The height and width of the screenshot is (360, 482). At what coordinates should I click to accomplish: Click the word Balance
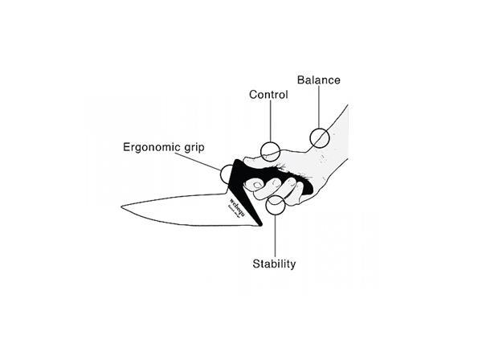[x=319, y=80]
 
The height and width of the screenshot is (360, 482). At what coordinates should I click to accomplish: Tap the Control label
[x=269, y=94]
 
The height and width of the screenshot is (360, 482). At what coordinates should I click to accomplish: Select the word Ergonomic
[x=154, y=147]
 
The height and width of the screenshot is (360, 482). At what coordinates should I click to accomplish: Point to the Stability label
[x=275, y=263]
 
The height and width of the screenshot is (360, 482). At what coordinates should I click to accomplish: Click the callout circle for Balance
[x=321, y=137]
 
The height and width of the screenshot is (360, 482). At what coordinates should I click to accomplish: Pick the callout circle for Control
[x=270, y=150]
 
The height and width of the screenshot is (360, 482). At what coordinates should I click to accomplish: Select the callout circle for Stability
[x=276, y=206]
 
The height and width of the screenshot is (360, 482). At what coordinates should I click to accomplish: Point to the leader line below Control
[x=270, y=121]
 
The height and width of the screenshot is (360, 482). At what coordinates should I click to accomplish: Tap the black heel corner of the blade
[x=255, y=219]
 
